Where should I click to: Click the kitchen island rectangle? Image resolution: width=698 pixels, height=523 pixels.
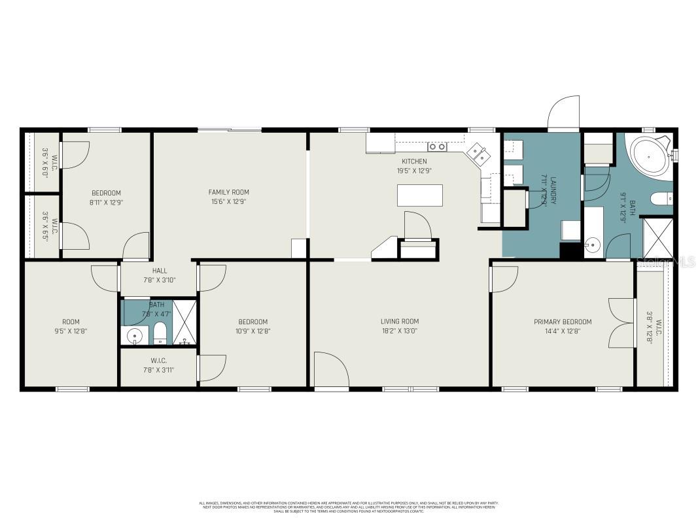click(x=419, y=195)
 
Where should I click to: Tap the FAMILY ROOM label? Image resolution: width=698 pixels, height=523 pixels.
click(x=228, y=192)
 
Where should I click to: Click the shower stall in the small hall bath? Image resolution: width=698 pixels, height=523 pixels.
click(x=184, y=322)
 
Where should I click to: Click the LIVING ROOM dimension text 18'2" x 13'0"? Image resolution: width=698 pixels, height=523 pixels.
click(x=399, y=331)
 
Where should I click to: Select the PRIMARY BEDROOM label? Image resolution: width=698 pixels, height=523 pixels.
click(x=562, y=322)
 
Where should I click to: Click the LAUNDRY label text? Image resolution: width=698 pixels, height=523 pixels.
click(x=553, y=190)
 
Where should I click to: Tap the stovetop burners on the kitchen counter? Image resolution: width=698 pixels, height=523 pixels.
click(x=436, y=146)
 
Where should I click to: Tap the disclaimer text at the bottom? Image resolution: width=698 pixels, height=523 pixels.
click(x=349, y=507)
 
